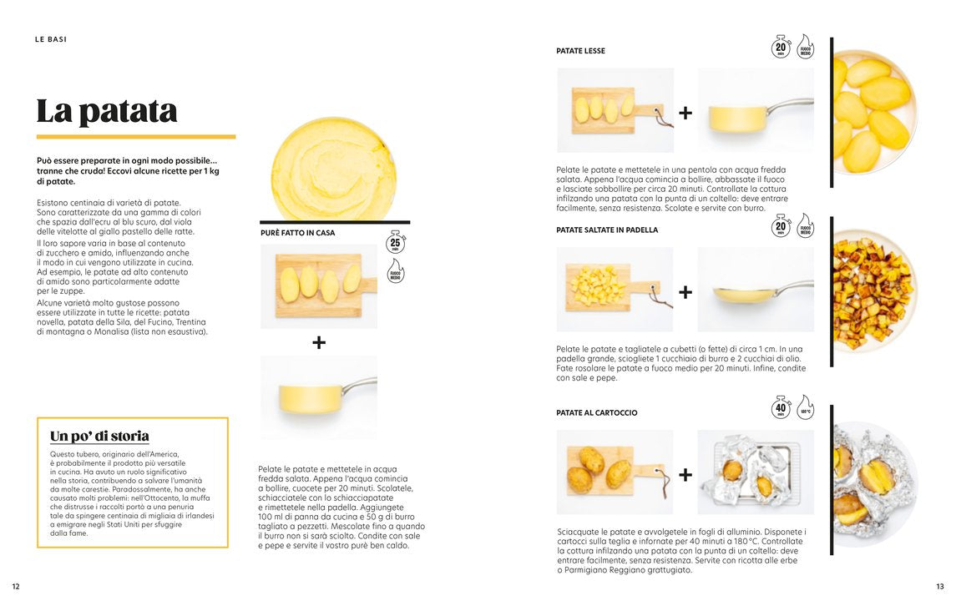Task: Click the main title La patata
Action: (107, 111)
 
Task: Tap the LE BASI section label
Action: (51, 39)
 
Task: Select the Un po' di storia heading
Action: (99, 436)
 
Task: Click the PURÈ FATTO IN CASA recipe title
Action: (297, 233)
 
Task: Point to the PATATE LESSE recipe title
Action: (580, 51)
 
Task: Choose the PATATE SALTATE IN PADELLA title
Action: (607, 230)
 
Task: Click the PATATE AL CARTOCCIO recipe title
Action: (596, 412)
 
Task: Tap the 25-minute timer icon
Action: (396, 243)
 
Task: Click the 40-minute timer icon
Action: (781, 408)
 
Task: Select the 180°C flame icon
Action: (805, 407)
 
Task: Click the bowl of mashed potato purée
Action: (334, 169)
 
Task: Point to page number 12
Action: (16, 586)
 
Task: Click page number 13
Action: (939, 586)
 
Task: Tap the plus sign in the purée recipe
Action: (319, 342)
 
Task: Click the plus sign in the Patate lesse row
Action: (685, 113)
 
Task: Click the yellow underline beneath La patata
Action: (135, 136)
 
